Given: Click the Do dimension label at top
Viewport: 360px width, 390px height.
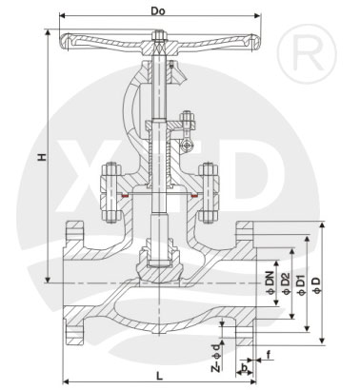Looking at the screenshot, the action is [158, 11].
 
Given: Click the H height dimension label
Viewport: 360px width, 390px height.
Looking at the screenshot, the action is [42, 157].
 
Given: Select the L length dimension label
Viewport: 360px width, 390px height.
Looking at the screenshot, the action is [160, 377].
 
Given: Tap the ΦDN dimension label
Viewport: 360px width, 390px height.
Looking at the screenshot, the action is [270, 283].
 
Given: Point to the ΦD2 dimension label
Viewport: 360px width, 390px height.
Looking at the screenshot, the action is [286, 283].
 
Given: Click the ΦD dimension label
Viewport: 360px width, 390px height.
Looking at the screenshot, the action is [317, 285].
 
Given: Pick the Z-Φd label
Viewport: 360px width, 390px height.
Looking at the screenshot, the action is [216, 358].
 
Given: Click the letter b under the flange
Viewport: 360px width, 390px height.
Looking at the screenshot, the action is [244, 367].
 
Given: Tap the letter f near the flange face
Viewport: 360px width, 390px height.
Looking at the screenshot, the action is [269, 355].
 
